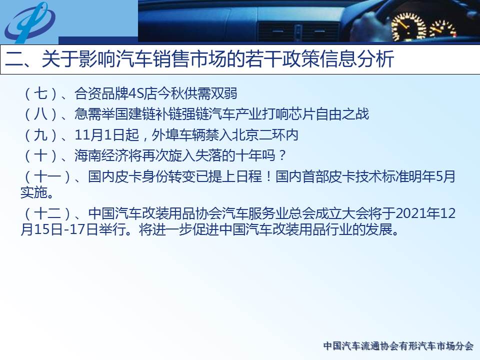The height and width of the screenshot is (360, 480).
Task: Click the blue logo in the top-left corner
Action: [x=29, y=22]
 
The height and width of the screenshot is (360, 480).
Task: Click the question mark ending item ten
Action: [x=282, y=155]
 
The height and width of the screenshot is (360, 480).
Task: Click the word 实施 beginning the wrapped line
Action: [x=33, y=192]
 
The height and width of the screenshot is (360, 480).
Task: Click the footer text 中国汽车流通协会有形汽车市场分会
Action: [x=398, y=346]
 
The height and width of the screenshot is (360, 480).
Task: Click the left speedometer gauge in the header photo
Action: [x=408, y=27]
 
